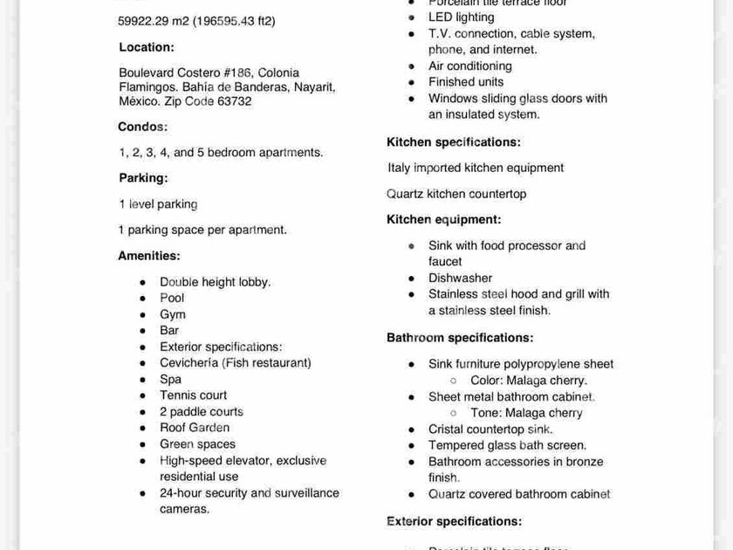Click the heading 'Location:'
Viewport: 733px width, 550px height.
pyautogui.click(x=147, y=47)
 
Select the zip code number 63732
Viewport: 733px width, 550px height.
pyautogui.click(x=235, y=101)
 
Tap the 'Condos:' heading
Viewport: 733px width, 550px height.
pyautogui.click(x=143, y=127)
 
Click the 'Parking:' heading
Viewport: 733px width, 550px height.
pyautogui.click(x=143, y=178)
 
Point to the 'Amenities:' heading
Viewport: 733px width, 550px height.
pyautogui.click(x=149, y=256)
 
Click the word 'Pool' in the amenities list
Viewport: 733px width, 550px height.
pyautogui.click(x=172, y=298)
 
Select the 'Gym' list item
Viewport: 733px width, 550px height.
pyautogui.click(x=172, y=314)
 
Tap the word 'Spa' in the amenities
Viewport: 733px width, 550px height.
pyautogui.click(x=170, y=379)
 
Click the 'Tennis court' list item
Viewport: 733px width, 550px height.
pyautogui.click(x=193, y=395)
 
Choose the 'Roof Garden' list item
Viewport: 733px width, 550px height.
pyautogui.click(x=195, y=428)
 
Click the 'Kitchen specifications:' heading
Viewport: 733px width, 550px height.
pyautogui.click(x=454, y=142)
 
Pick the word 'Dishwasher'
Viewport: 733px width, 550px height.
pyautogui.click(x=460, y=278)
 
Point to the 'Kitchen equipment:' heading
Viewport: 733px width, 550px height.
pyautogui.click(x=444, y=220)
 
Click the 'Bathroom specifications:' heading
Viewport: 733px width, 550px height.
pyautogui.click(x=460, y=338)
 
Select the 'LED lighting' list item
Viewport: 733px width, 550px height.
pyautogui.click(x=461, y=17)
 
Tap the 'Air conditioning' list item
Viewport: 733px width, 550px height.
pyautogui.click(x=469, y=66)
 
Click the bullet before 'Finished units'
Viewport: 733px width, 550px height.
pyautogui.click(x=412, y=82)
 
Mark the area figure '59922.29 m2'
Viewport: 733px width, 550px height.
pyautogui.click(x=153, y=21)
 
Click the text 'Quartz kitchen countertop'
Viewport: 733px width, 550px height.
pyautogui.click(x=456, y=194)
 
